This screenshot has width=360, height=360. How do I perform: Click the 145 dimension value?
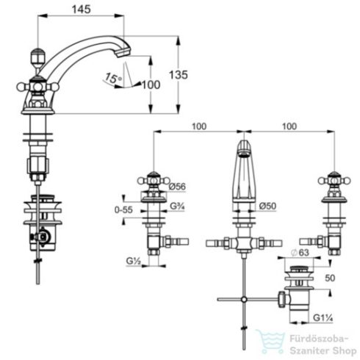click(81, 10)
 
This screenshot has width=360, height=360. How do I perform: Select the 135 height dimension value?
click(179, 75)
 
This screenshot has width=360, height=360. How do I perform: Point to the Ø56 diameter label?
click(177, 187)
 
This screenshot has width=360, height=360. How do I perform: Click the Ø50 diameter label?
click(267, 206)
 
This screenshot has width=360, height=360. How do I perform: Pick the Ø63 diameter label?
click(300, 253)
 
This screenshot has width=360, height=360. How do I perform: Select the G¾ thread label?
click(177, 206)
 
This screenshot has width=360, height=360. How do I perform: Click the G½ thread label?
click(134, 261)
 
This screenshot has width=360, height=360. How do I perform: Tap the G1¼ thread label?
click(323, 318)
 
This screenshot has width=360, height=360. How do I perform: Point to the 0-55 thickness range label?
click(123, 210)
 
